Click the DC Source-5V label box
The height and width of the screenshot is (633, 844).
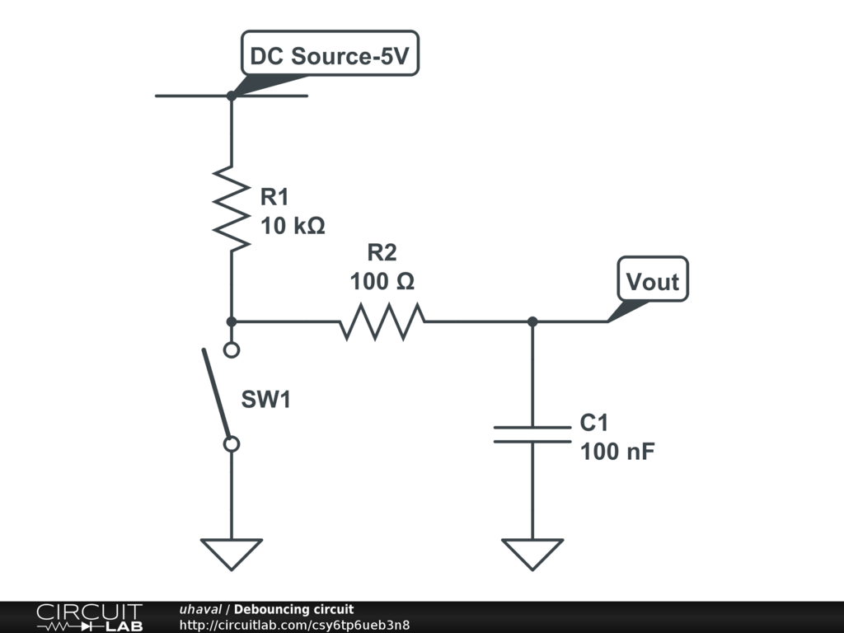coord(330,55)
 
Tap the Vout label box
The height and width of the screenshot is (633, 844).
coord(653,281)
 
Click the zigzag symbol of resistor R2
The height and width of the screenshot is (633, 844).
coord(382,321)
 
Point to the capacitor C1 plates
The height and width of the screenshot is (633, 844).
coord(532,434)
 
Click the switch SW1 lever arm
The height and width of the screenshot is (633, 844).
coord(217,394)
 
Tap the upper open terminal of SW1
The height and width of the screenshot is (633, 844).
coord(232,349)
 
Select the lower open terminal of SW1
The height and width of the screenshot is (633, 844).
coord(232,444)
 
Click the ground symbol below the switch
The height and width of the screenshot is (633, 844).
coord(232,553)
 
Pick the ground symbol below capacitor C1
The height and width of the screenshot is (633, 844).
coord(532,553)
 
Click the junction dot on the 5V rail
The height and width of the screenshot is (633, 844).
coord(232,96)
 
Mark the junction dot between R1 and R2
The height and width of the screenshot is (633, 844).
coord(232,321)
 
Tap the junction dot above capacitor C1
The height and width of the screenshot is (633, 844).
coord(532,321)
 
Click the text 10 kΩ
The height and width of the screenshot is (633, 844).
coord(293,225)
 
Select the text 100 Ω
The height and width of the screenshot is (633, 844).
coord(382,281)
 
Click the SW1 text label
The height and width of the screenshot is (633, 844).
coord(265,400)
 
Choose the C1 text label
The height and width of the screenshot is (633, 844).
coord(593,424)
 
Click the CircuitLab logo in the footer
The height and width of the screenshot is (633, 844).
coord(89,617)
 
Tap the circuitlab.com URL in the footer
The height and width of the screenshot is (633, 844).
coord(294,625)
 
